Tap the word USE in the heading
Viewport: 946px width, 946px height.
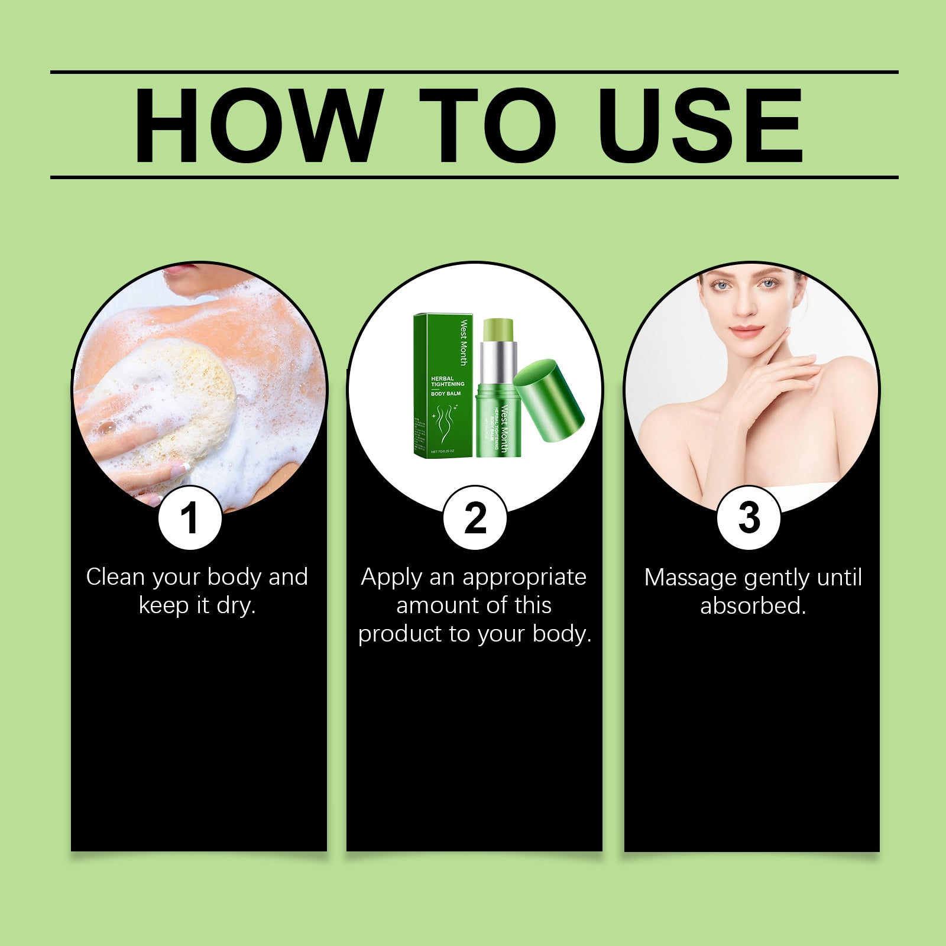(700, 125)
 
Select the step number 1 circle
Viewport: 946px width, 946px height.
(190, 519)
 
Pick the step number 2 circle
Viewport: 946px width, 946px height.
(475, 519)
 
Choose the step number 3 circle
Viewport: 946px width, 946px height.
(749, 519)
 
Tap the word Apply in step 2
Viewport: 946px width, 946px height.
(391, 577)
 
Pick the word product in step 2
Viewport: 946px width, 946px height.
(400, 634)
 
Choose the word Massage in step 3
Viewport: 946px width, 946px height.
(690, 578)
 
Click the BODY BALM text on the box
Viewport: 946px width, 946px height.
(446, 393)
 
